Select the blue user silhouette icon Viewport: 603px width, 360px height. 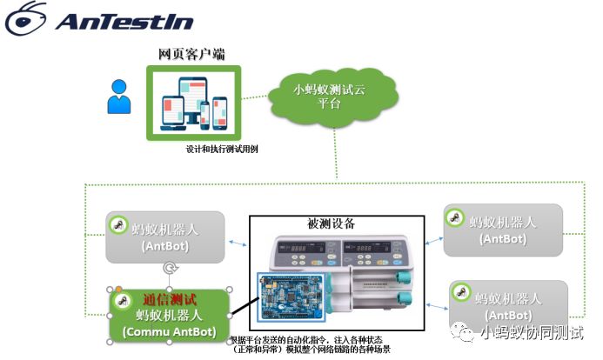pos(118,97)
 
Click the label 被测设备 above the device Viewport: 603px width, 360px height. pos(332,224)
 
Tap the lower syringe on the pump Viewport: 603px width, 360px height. pos(383,303)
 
